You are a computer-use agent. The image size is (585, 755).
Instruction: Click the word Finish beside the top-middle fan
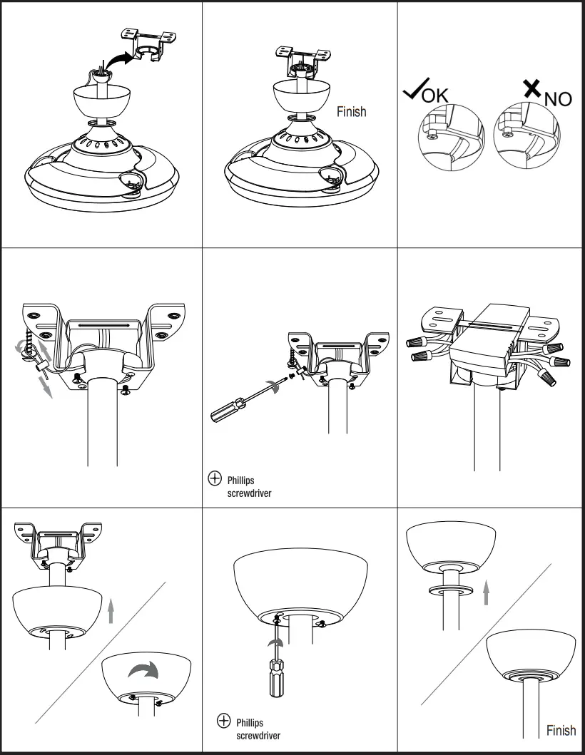click(x=352, y=111)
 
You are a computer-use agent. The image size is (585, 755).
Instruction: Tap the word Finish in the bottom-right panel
click(x=561, y=729)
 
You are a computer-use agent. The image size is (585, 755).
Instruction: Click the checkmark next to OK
click(x=414, y=91)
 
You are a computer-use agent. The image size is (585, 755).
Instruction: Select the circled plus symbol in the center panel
click(x=213, y=480)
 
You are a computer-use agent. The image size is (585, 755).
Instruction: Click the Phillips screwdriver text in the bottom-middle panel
click(x=258, y=728)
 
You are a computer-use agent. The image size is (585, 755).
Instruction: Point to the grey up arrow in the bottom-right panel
click(x=487, y=592)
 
